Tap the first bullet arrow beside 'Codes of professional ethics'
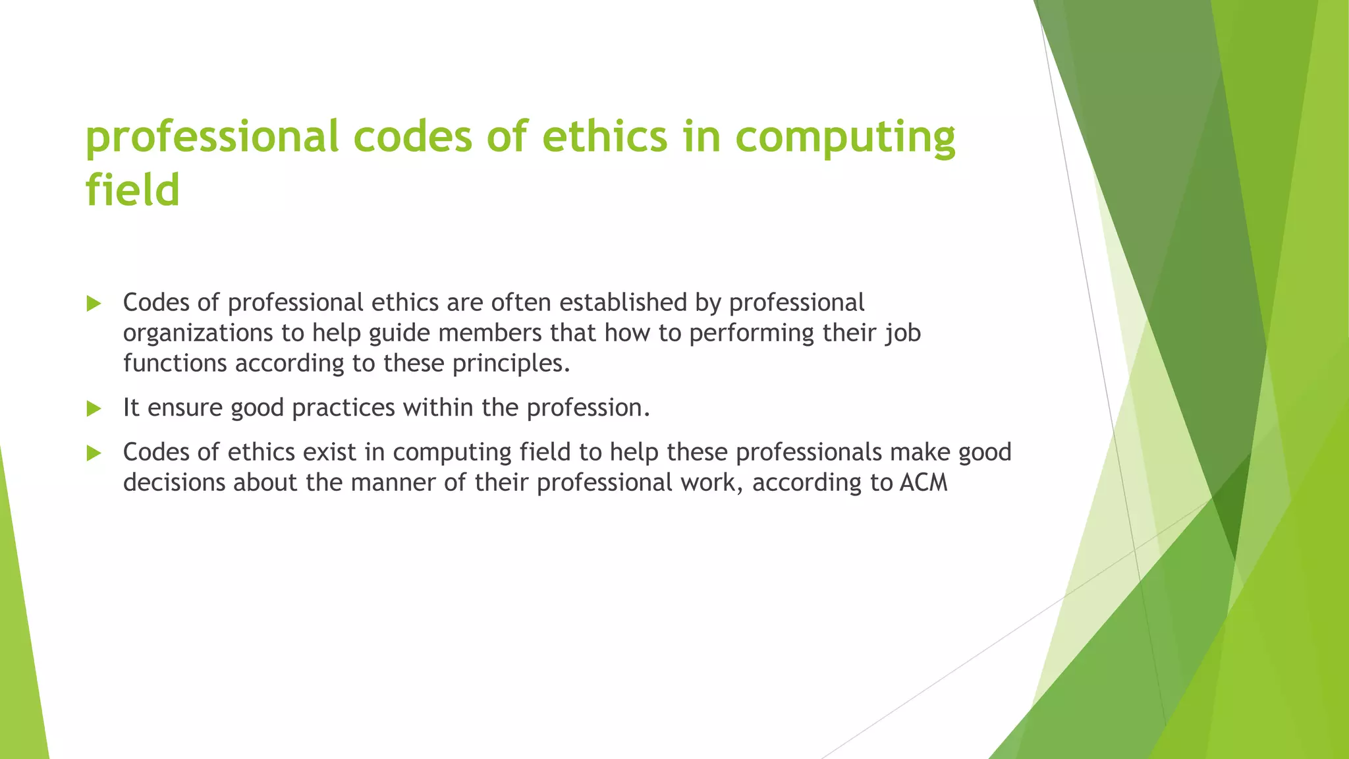94,304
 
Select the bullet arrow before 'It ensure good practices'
94,409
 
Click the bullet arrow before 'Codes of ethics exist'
94,453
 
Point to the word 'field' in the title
132,190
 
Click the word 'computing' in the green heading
844,137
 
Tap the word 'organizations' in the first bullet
198,333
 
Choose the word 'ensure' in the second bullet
185,408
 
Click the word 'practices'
343,408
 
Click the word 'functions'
175,363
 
